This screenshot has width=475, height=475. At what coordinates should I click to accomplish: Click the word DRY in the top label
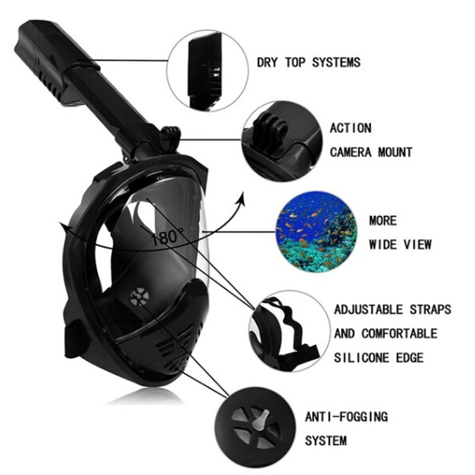(267, 63)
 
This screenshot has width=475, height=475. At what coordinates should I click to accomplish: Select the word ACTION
(350, 128)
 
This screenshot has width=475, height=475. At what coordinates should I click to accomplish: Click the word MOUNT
(395, 152)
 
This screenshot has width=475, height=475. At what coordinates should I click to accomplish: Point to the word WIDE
(383, 245)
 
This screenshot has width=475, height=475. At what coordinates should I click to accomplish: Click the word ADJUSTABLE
(368, 310)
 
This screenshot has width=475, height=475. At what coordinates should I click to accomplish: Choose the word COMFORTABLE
(400, 334)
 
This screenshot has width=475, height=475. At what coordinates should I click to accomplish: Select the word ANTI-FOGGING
(346, 417)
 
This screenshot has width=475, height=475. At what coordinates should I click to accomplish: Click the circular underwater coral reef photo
(316, 231)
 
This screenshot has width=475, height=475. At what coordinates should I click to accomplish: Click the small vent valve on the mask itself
(140, 296)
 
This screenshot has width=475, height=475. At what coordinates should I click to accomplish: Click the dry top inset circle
(208, 71)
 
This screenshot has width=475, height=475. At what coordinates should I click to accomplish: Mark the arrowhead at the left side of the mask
(64, 226)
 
